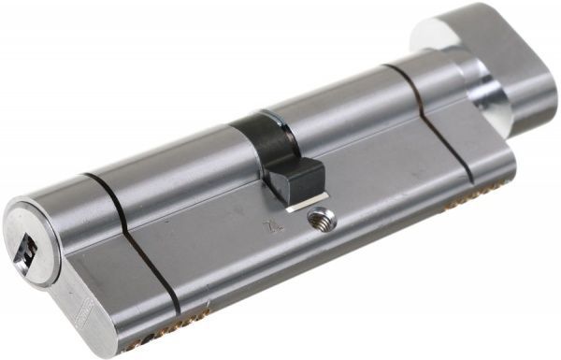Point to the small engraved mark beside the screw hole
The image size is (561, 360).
[x=271, y=226]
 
